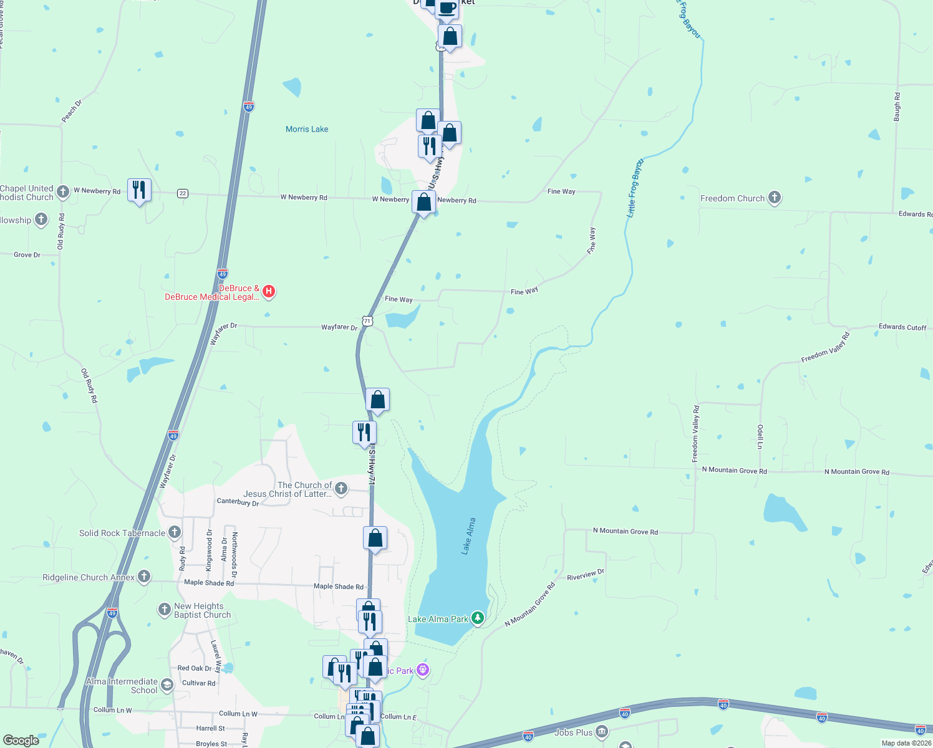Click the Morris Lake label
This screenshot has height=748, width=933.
point(307,129)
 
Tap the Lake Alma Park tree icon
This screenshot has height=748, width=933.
point(478,618)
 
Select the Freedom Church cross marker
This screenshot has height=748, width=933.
point(774,198)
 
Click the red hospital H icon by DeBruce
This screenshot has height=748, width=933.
point(269,291)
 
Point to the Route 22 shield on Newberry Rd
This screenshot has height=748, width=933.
point(183,193)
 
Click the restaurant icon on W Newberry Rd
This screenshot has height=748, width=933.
point(139,189)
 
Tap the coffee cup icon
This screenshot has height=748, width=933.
point(447,8)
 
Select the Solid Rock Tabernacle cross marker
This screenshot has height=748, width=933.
point(175,532)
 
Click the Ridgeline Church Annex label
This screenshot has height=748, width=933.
point(89,577)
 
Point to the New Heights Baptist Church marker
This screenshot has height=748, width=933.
point(165,610)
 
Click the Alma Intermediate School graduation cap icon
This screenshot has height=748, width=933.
point(167,685)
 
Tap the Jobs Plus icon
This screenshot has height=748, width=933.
point(601,732)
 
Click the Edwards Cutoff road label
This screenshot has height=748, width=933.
point(902,327)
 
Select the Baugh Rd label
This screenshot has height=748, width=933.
point(897,107)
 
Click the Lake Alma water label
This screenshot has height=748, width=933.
point(468,536)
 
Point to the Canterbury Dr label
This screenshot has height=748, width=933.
point(238,502)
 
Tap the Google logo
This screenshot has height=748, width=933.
point(21,741)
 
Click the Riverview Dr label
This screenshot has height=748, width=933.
point(586,575)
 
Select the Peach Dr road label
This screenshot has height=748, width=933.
point(72,110)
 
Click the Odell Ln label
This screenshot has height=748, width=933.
point(760,436)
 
